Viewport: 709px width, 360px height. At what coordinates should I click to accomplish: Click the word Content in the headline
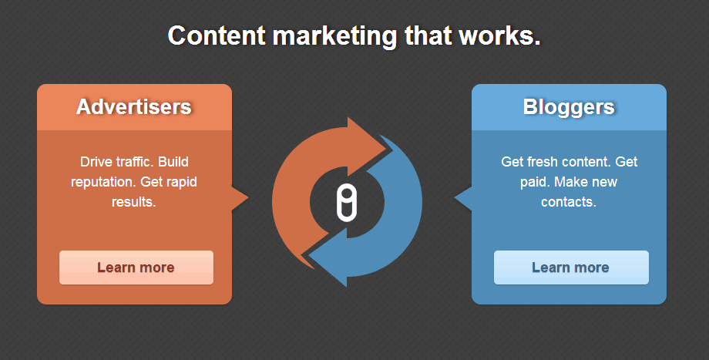click(x=216, y=35)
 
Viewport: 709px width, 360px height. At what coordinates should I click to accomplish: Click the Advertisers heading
click(x=134, y=106)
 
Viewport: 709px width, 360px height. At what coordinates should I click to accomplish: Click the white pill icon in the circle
click(x=347, y=204)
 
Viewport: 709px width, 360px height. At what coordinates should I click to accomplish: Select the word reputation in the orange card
click(x=103, y=182)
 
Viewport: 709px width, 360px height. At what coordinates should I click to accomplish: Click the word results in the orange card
click(x=134, y=202)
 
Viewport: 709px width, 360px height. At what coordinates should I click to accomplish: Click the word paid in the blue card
click(x=536, y=182)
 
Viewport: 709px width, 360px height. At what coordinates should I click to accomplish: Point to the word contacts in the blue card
click(x=569, y=202)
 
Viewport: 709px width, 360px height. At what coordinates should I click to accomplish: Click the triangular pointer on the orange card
click(x=240, y=198)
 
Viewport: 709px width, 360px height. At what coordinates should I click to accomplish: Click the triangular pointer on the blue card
click(x=463, y=198)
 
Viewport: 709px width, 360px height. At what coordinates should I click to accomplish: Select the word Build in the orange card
click(x=173, y=161)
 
